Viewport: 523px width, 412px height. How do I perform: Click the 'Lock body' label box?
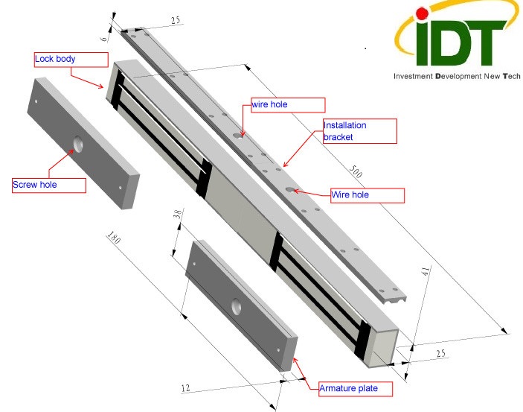[71, 59]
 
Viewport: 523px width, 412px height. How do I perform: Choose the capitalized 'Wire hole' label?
[367, 195]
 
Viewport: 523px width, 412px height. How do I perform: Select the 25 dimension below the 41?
[440, 354]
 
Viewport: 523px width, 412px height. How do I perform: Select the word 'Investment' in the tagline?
[414, 76]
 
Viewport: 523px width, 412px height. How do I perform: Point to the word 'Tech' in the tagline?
[511, 76]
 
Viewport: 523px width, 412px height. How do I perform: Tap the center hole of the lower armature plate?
[237, 306]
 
